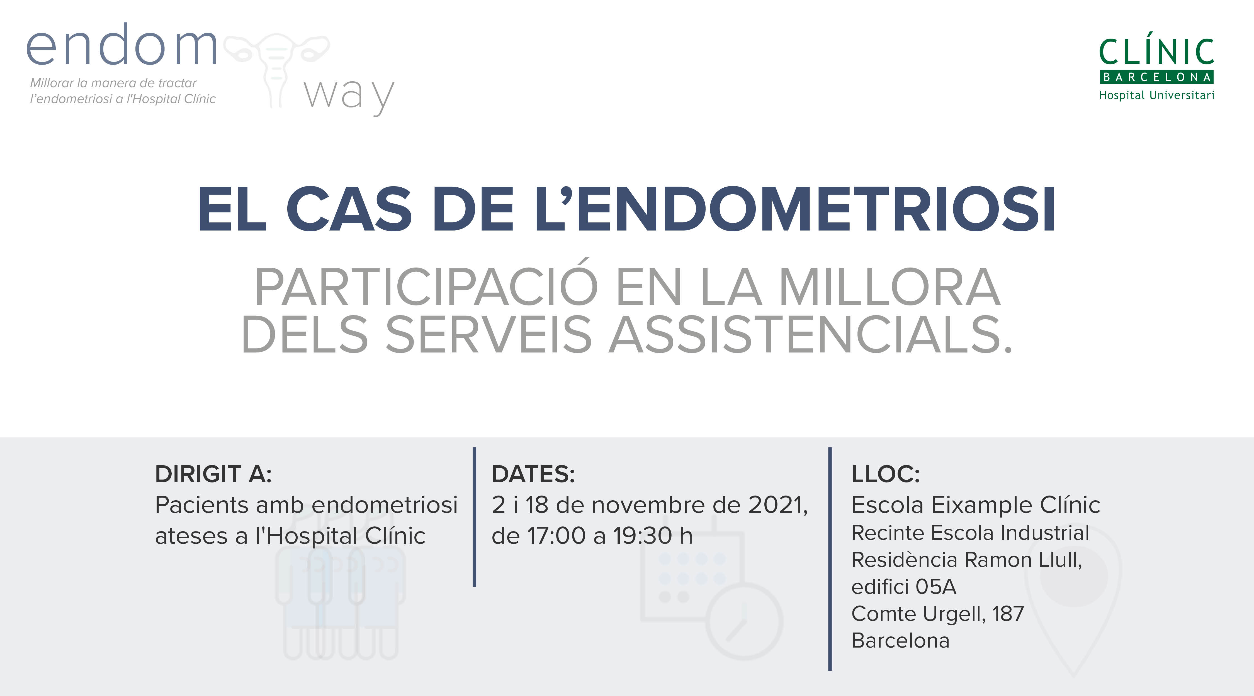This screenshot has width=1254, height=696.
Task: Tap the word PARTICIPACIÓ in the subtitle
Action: tap(426, 287)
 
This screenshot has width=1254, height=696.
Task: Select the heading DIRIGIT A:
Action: tap(213, 474)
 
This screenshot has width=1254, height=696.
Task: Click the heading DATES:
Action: tap(534, 474)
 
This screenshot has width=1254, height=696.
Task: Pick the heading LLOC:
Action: tap(886, 474)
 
